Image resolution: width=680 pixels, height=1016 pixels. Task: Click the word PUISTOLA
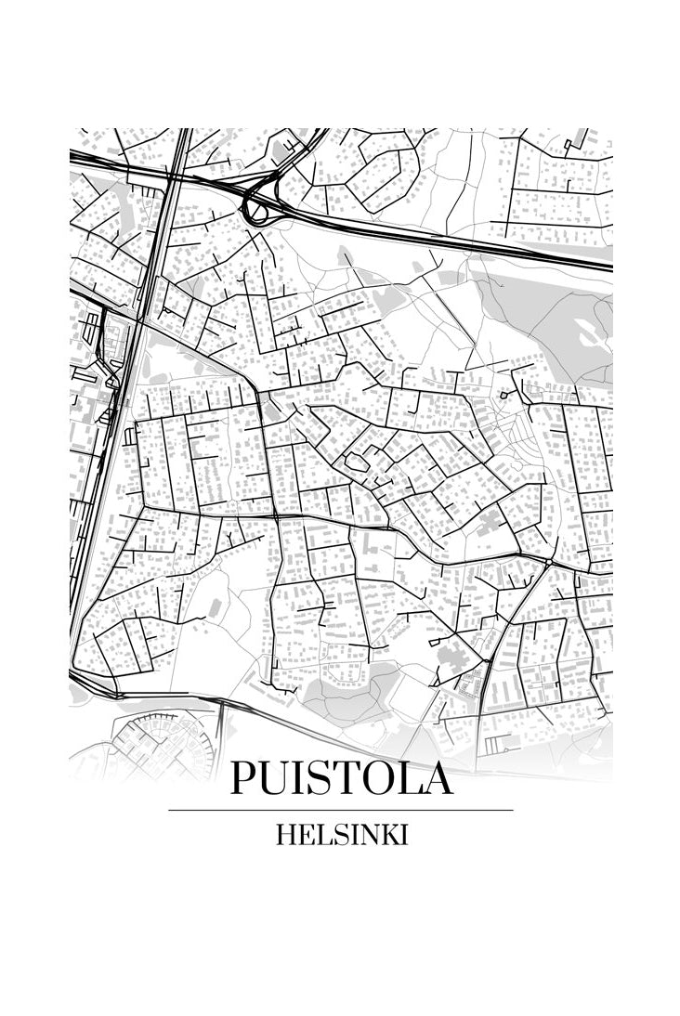tap(341, 778)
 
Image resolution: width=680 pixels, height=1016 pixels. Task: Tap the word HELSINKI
tap(341, 835)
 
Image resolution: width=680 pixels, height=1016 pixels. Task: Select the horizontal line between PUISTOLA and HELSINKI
tap(341, 810)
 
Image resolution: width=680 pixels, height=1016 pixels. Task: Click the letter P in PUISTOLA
tap(243, 778)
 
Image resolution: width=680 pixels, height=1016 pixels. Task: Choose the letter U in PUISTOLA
tap(275, 778)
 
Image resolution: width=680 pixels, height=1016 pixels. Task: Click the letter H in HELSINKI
tap(285, 835)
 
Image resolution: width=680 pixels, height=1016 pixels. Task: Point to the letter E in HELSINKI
tap(304, 835)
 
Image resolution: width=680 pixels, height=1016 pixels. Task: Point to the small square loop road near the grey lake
tap(503, 396)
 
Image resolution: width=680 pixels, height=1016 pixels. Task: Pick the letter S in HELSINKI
tap(335, 835)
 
